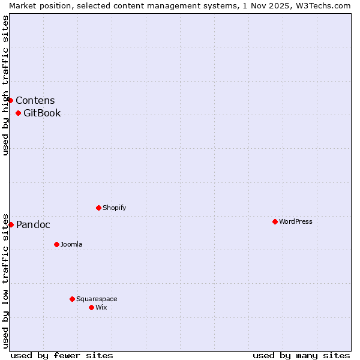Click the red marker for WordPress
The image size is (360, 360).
click(275, 221)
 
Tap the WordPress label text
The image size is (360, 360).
click(296, 221)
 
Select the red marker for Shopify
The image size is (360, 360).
click(98, 208)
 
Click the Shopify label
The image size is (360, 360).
click(115, 208)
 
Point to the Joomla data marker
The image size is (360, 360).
click(56, 244)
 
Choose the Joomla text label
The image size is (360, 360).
click(71, 244)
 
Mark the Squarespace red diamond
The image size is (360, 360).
click(72, 299)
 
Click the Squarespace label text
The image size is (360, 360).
click(97, 299)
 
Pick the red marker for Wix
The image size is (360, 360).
click(91, 307)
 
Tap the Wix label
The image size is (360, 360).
click(101, 307)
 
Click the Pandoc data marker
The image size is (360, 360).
click(11, 224)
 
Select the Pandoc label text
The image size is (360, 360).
click(33, 225)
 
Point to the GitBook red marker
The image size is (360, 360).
click(18, 113)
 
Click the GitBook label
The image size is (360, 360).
click(42, 113)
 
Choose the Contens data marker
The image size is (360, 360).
click(10, 100)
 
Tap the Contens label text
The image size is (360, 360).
click(35, 100)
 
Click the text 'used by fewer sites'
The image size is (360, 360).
click(62, 355)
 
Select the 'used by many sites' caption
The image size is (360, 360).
click(301, 355)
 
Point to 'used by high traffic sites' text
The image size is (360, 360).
click(5, 85)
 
